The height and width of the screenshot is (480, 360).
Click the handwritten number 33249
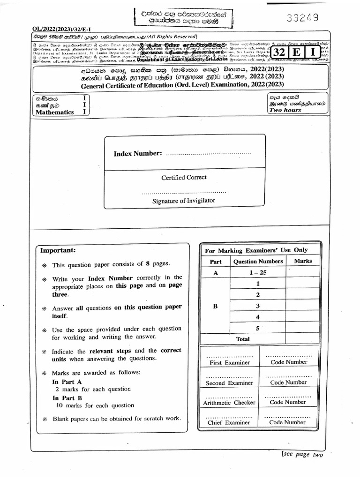click(x=302, y=18)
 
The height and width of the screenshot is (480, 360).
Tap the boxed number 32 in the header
click(x=279, y=52)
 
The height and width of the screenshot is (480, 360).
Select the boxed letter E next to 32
click(x=296, y=52)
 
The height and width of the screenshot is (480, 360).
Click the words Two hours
click(x=285, y=110)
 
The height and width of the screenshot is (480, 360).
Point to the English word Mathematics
click(x=52, y=112)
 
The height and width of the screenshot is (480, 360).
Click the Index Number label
click(x=138, y=154)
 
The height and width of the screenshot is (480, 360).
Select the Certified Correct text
click(x=184, y=178)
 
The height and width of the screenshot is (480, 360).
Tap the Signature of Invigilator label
click(x=184, y=201)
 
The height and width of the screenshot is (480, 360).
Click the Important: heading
click(x=58, y=251)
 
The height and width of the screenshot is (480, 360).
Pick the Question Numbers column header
click(x=258, y=262)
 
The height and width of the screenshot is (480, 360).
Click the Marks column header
click(x=302, y=261)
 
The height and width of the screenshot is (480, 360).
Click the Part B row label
click(x=216, y=307)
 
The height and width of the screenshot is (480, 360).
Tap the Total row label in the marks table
click(x=243, y=339)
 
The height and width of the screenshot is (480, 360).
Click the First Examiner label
click(x=229, y=362)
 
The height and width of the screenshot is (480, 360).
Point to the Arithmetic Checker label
click(x=229, y=403)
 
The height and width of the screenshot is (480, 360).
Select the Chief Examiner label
click(x=229, y=423)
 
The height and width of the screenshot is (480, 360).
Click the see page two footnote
click(x=302, y=454)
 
